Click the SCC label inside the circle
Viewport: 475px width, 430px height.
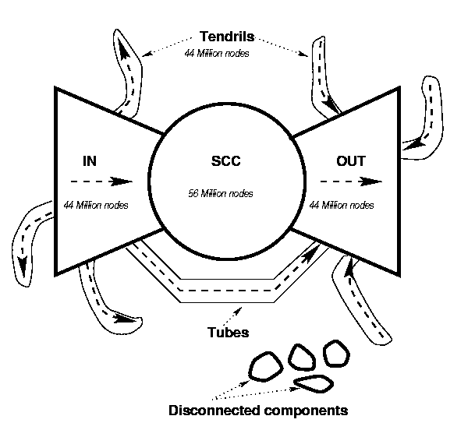tap(226, 162)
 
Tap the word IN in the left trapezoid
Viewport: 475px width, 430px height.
tap(90, 161)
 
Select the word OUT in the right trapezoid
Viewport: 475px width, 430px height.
tap(350, 162)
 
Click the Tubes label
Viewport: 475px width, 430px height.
tap(228, 333)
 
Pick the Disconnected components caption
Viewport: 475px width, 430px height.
tap(258, 409)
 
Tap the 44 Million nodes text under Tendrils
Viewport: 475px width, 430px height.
tap(222, 54)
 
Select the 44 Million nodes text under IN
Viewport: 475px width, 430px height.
tap(97, 206)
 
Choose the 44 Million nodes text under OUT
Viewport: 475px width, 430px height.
tap(342, 206)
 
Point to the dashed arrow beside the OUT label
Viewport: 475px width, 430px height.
tap(350, 182)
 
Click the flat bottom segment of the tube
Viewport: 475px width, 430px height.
tap(226, 291)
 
